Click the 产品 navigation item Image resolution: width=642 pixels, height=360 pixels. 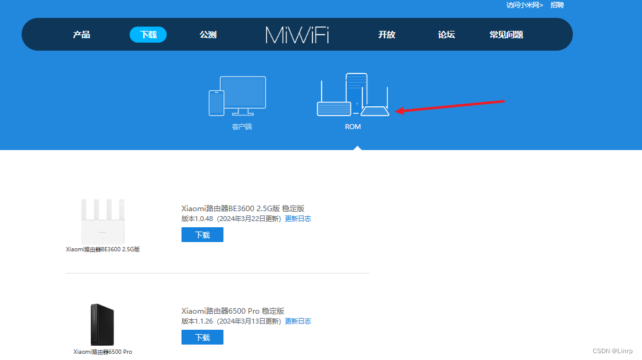[x=81, y=35]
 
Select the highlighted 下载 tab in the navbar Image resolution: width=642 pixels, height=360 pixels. [x=148, y=35]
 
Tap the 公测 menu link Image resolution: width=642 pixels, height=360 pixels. [x=208, y=35]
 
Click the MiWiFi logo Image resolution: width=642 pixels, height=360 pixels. [x=297, y=35]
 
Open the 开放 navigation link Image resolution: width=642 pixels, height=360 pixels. [x=386, y=35]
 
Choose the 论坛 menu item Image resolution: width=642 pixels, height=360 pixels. [x=446, y=35]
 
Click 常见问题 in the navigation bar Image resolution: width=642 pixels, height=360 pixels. [x=506, y=35]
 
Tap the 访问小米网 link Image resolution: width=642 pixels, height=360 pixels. [x=525, y=5]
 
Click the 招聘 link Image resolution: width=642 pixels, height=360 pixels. [x=557, y=5]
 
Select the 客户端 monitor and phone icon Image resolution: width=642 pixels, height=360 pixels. [x=237, y=96]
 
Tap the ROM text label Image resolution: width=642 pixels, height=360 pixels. [x=352, y=127]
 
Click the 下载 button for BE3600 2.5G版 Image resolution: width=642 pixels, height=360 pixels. [x=202, y=235]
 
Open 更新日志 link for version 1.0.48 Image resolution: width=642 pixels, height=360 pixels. [x=298, y=219]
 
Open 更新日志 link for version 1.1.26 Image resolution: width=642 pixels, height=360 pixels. [x=298, y=321]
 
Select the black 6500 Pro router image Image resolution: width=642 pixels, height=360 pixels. [x=102, y=324]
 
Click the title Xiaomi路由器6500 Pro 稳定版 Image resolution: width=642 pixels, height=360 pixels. [x=233, y=311]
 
